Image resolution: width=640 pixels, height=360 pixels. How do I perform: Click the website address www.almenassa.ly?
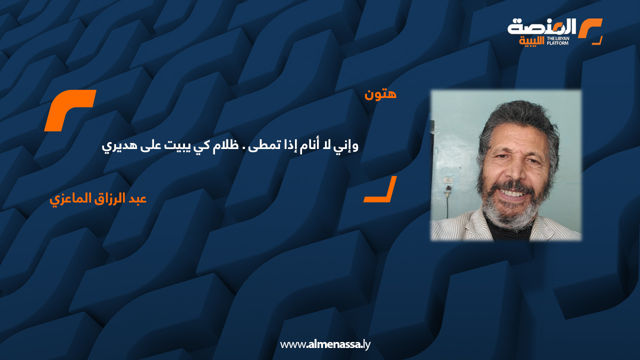[325, 344]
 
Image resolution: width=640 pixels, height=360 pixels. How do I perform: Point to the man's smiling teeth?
[515, 191]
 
